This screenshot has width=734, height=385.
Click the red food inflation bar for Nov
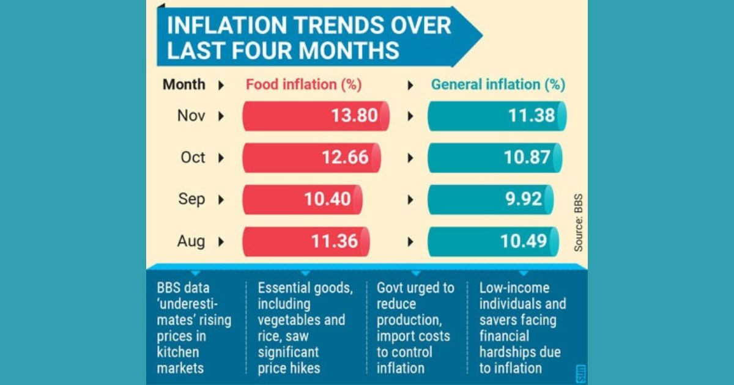click(x=316, y=116)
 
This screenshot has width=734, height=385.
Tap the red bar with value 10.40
click(x=302, y=199)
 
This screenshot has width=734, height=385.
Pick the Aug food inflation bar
click(x=306, y=241)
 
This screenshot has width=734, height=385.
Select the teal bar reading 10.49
click(x=492, y=241)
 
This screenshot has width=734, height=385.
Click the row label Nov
click(x=191, y=116)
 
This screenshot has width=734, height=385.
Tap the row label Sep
click(x=192, y=199)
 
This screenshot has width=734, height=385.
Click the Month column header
click(x=184, y=85)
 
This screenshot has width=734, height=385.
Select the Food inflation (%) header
click(x=303, y=85)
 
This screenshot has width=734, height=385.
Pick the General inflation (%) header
click(x=498, y=85)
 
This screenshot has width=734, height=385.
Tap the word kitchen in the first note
click(x=178, y=352)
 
